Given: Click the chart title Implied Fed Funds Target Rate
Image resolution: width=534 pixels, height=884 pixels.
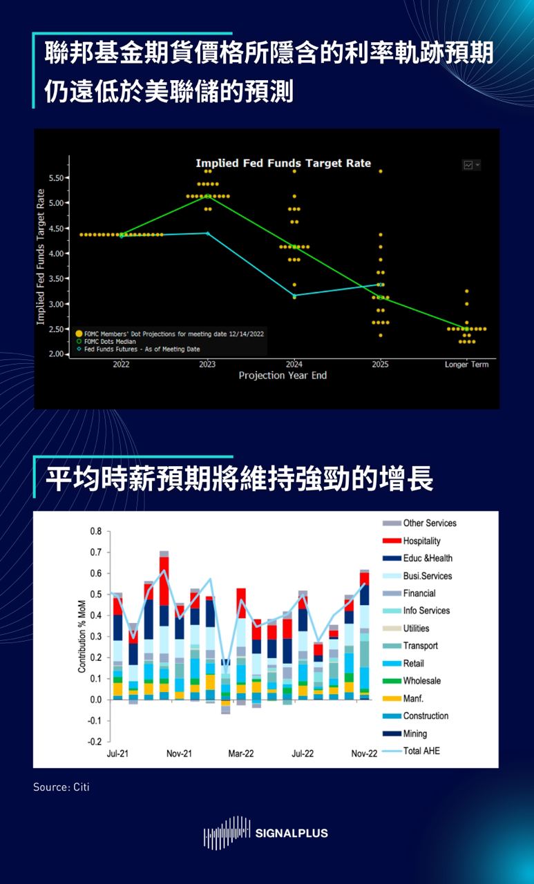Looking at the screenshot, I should pos(283,164).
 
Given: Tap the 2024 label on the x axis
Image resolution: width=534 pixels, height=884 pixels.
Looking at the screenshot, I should pos(294,364).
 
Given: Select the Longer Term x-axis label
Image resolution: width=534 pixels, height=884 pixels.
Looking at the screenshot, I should pos(466,364).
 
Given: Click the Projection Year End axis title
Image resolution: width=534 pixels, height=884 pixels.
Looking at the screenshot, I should pos(283,376).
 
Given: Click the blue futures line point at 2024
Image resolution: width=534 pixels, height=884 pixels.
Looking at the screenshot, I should pos(294,295).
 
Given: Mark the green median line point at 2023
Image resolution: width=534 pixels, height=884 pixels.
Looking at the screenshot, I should pos(208,196).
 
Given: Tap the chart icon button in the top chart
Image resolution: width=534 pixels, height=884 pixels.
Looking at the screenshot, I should pos(470,164).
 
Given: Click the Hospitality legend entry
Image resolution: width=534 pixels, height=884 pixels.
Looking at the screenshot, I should pos(421,541).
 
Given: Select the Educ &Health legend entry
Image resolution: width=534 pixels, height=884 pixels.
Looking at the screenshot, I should pos(428,558).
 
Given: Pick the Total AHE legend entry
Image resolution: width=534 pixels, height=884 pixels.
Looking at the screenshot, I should pos(421,751).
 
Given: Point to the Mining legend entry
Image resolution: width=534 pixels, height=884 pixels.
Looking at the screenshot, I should pos(414,733).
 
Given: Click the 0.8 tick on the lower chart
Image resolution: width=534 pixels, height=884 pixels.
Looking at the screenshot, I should pos(95,532).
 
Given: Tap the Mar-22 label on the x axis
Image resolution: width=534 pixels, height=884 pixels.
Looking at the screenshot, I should pos(241,753).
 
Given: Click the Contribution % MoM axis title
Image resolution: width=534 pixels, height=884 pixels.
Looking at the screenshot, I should pos(82,636).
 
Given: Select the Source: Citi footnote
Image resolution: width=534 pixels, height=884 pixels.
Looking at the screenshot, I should pos(61,787).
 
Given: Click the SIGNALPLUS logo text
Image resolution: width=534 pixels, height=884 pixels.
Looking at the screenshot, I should pos(292,833).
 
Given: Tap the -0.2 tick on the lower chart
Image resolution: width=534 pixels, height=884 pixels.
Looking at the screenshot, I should pos(94,742).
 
